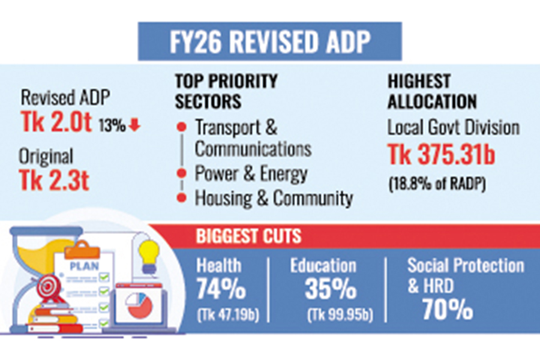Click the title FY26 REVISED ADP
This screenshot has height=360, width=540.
[x=269, y=42]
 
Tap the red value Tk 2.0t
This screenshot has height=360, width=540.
[x=56, y=122]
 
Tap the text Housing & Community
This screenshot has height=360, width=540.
[x=274, y=199]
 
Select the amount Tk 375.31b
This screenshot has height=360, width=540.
[x=441, y=155]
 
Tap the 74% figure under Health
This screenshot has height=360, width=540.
[x=221, y=290]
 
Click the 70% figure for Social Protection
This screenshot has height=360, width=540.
[x=448, y=310]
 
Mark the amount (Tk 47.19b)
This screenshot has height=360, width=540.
[x=227, y=314]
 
